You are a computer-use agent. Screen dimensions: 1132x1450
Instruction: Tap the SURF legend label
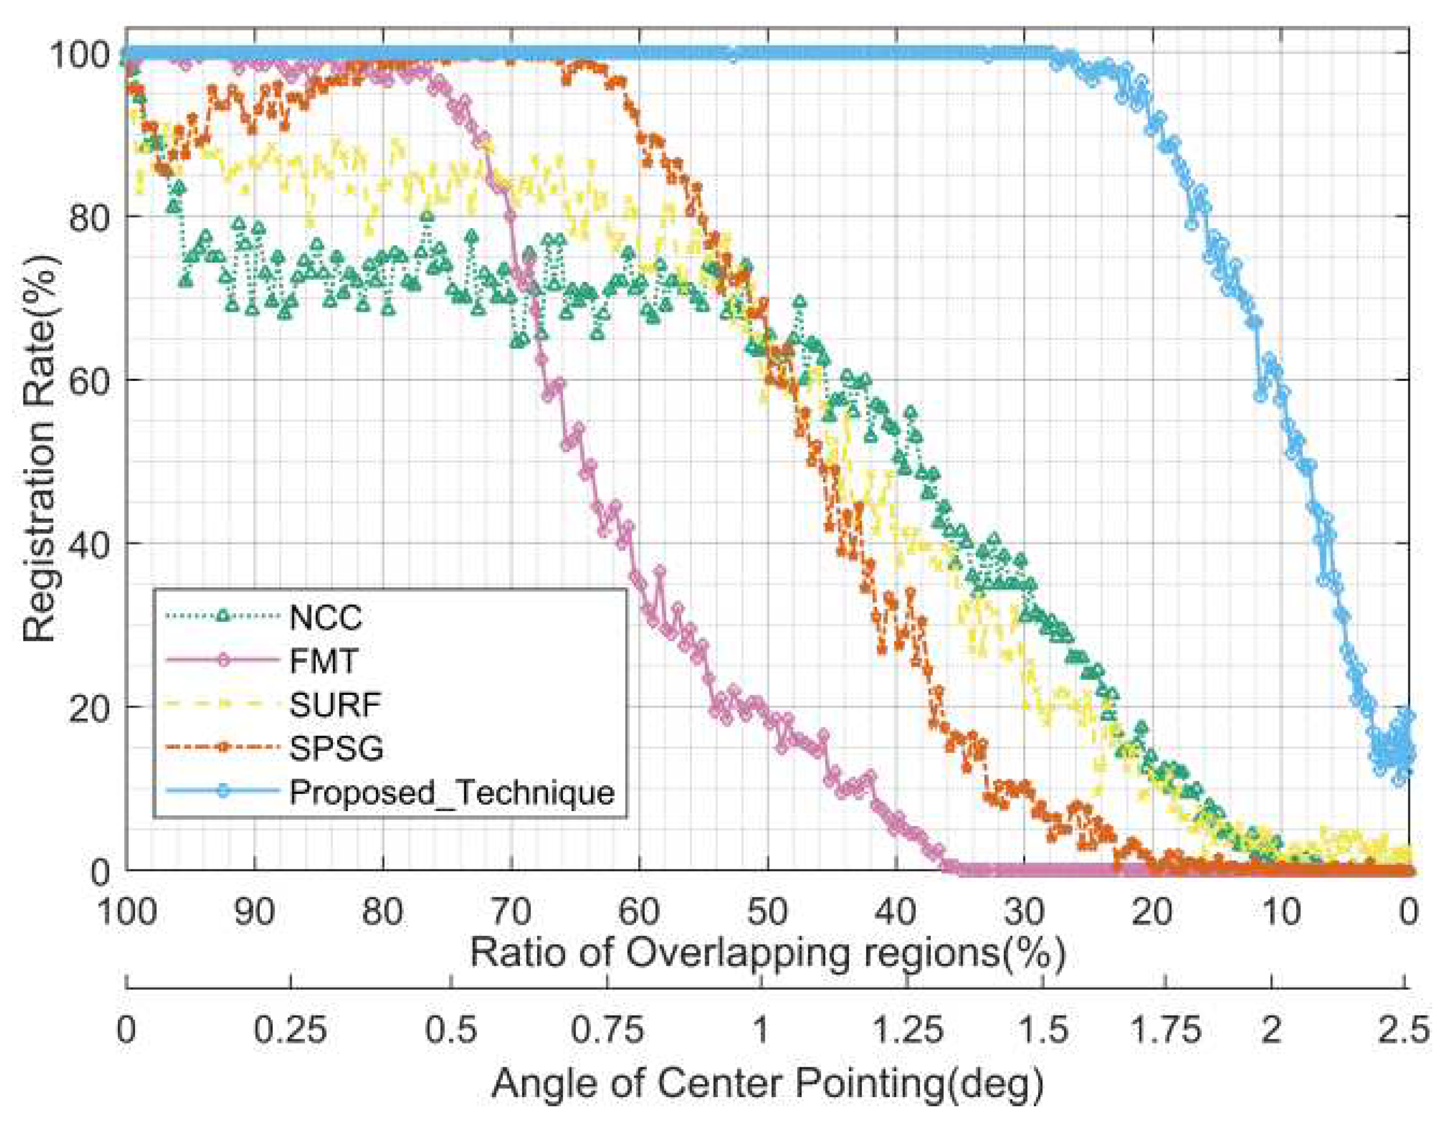coord(335,705)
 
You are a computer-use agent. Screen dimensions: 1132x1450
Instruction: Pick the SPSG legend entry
coord(336,748)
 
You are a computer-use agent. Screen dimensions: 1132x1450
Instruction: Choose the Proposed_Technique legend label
coord(451,792)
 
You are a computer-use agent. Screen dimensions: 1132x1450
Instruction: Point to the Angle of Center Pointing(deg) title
coord(768,1084)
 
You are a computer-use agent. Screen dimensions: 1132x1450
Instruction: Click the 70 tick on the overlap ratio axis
coord(512,912)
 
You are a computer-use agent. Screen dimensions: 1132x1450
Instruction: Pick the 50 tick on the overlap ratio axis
coord(768,912)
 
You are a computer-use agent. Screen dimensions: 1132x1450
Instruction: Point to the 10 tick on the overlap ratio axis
coord(1281,912)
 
